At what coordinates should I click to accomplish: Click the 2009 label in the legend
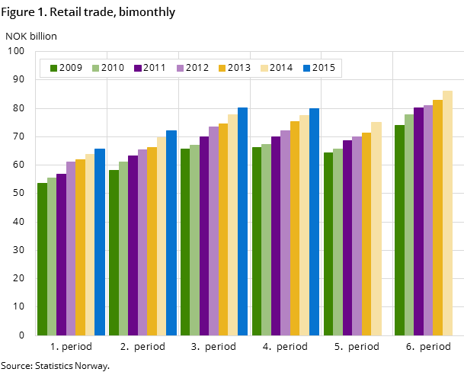(x=71, y=68)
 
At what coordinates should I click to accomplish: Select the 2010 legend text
(x=113, y=68)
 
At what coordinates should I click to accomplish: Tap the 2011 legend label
(x=155, y=68)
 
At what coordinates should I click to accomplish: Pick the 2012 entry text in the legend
(x=197, y=68)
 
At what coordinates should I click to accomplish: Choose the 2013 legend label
(x=238, y=68)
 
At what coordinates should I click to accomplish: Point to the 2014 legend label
(x=281, y=68)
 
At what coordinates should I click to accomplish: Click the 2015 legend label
(x=323, y=68)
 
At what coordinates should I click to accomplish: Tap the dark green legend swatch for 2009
(x=54, y=68)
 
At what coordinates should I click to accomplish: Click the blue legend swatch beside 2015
(x=306, y=68)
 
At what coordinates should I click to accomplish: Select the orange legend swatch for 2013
(x=222, y=68)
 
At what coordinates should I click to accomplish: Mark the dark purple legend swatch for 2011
(x=138, y=68)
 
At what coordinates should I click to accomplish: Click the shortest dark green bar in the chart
(x=42, y=259)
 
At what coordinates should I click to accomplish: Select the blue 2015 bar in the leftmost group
(x=100, y=242)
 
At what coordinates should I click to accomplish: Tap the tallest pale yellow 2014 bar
(x=447, y=213)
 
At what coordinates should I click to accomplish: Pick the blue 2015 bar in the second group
(x=171, y=232)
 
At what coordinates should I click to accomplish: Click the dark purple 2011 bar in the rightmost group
(x=418, y=221)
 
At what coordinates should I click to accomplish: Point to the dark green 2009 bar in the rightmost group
(x=399, y=229)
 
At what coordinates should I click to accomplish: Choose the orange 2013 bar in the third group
(x=223, y=229)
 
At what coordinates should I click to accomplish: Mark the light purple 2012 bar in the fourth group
(x=285, y=232)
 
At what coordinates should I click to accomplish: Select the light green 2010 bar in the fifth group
(x=338, y=242)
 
